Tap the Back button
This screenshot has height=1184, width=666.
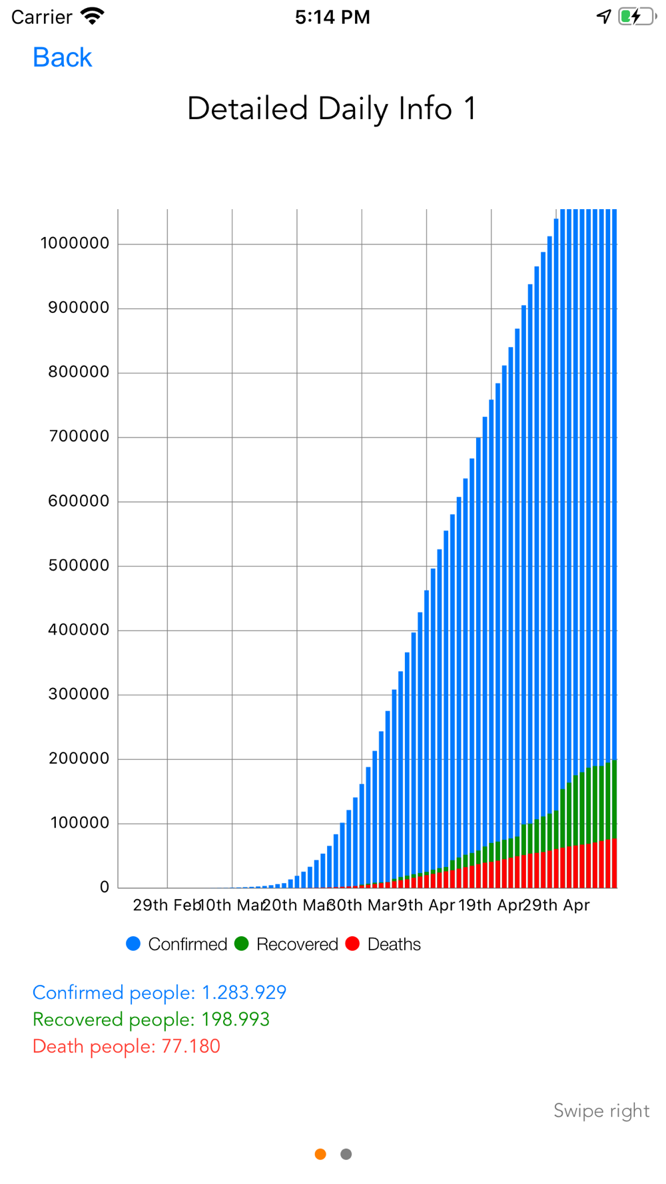click(62, 58)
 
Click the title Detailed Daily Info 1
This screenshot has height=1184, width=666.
click(332, 109)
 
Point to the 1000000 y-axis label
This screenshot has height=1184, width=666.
click(75, 243)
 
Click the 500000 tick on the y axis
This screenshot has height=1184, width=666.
click(79, 565)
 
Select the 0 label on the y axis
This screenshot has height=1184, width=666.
click(105, 887)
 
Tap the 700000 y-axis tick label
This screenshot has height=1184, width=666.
click(79, 436)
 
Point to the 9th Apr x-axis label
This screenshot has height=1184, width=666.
click(426, 905)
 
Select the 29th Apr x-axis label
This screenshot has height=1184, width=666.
click(556, 905)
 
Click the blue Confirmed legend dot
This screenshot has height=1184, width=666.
click(133, 944)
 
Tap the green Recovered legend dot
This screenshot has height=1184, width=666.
click(242, 944)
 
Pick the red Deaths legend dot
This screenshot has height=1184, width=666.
click(353, 944)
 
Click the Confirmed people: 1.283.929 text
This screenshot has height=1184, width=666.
click(159, 992)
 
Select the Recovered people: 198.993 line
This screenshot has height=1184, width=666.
click(151, 1020)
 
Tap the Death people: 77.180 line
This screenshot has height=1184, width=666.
click(127, 1046)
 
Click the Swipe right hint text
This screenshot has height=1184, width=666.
click(601, 1111)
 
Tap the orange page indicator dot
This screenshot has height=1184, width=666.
click(320, 1154)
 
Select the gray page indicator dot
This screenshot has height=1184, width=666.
click(346, 1154)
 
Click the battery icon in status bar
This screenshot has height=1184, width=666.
click(635, 17)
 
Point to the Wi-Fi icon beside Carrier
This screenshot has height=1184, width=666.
click(92, 16)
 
